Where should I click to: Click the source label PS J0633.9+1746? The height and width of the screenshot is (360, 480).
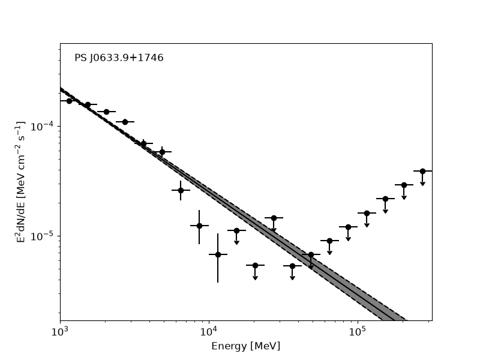click(119, 58)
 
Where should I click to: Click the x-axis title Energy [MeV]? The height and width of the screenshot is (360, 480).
click(246, 346)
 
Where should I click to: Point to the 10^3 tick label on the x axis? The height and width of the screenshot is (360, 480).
click(60, 331)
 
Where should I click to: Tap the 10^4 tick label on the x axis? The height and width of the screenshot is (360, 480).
click(209, 331)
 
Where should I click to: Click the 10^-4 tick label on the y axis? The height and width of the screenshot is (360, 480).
click(42, 126)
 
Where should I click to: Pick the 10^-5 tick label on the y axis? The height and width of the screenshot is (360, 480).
click(42, 236)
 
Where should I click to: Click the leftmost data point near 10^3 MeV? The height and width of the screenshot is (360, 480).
click(69, 101)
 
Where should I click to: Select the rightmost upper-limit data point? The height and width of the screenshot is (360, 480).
click(423, 171)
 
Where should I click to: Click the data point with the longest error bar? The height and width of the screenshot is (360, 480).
click(218, 254)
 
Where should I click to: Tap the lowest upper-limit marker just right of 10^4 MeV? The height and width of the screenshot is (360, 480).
click(256, 265)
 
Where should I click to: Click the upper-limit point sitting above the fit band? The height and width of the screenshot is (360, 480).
click(274, 218)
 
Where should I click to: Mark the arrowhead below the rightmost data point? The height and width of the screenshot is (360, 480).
click(423, 184)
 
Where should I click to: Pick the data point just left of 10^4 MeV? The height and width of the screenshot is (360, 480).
click(199, 226)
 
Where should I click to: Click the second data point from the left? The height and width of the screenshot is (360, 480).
click(88, 104)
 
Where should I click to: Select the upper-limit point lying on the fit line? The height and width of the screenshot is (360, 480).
click(311, 254)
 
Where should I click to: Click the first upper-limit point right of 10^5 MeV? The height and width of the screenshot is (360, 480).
click(367, 213)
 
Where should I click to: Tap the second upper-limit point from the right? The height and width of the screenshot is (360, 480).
click(404, 185)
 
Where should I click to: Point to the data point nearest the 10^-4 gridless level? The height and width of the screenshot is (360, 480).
click(125, 122)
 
